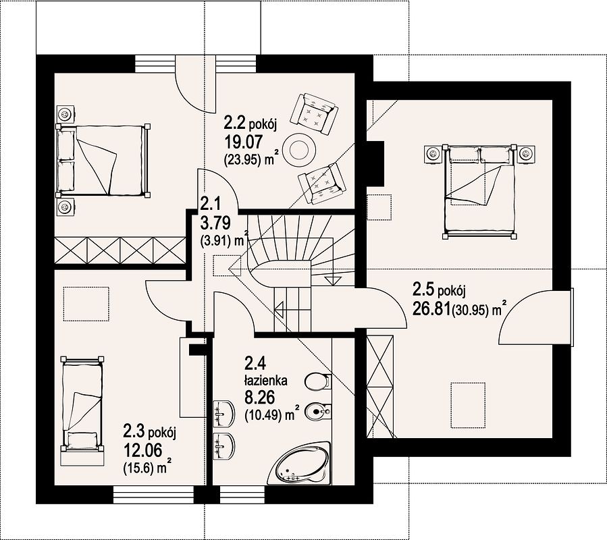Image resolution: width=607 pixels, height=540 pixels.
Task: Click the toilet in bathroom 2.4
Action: (x=317, y=382)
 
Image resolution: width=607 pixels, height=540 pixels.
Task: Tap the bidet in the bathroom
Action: (x=318, y=412)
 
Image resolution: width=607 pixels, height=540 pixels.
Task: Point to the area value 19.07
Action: (x=244, y=142)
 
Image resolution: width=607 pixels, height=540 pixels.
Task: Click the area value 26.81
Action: (x=431, y=309)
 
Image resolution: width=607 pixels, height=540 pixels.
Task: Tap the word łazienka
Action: (x=265, y=381)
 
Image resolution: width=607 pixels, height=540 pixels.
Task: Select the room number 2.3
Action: (x=134, y=431)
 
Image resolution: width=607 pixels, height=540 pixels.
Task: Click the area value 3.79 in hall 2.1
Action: (x=215, y=222)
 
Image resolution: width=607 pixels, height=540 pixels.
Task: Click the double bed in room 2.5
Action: (x=481, y=191)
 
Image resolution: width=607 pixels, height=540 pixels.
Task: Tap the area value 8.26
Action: (x=259, y=398)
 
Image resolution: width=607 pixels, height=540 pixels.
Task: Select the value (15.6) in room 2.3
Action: (x=140, y=468)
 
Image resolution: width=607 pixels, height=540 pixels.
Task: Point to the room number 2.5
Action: (x=423, y=289)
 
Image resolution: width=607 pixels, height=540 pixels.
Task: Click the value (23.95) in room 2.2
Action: (x=242, y=160)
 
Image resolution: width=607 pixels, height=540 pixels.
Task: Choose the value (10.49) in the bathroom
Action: (x=263, y=415)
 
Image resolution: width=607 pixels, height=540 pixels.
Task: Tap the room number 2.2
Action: (x=234, y=124)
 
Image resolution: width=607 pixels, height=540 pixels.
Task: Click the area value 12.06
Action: (x=142, y=450)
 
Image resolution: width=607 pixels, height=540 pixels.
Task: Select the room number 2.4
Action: (x=255, y=364)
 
